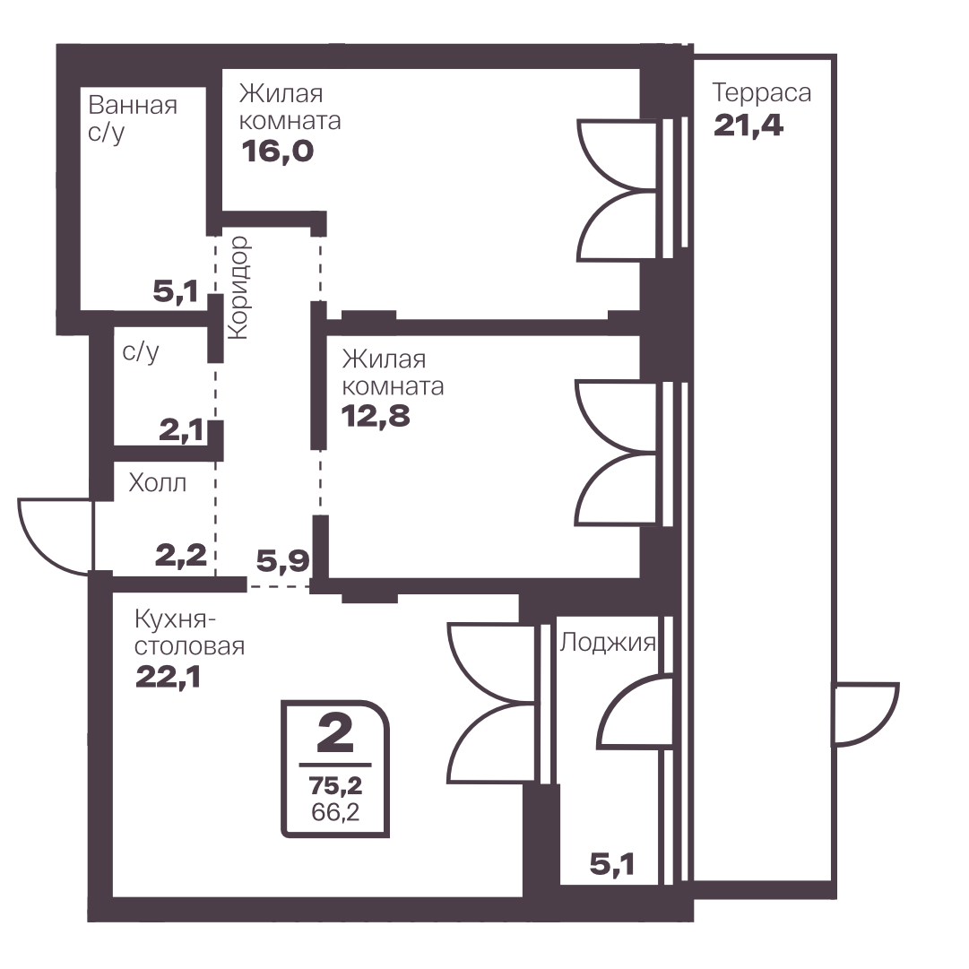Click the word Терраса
click(x=761, y=92)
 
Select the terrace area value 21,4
click(x=748, y=125)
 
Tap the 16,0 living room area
click(x=278, y=151)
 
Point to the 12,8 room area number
click(x=376, y=416)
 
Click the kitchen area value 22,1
click(x=169, y=678)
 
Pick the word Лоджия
click(x=608, y=643)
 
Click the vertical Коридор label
click(x=238, y=288)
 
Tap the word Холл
click(x=158, y=482)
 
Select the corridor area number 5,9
click(x=282, y=561)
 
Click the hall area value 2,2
click(x=180, y=556)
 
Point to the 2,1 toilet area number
click(x=181, y=430)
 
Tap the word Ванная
click(x=133, y=105)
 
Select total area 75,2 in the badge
click(x=335, y=785)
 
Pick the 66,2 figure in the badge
click(x=335, y=811)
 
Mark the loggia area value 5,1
click(x=612, y=864)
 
